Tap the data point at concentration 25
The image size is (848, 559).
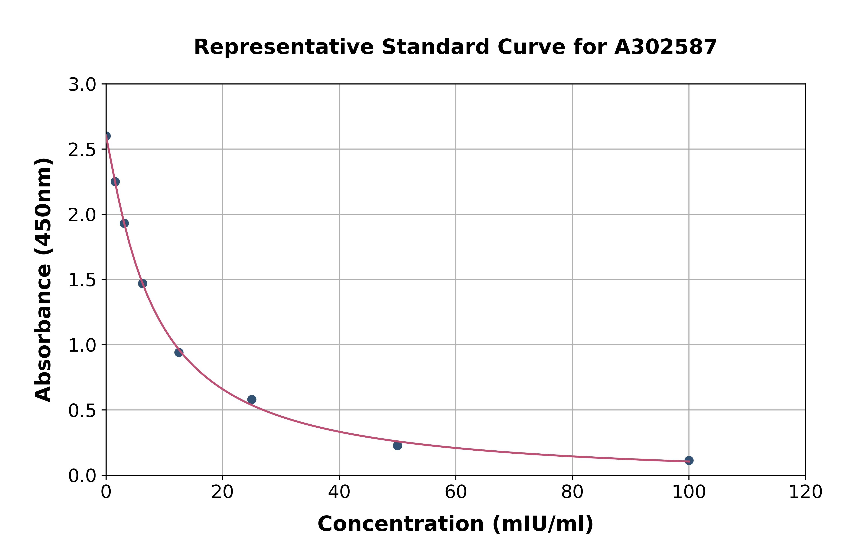pyautogui.click(x=252, y=399)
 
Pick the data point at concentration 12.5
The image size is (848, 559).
pyautogui.click(x=179, y=352)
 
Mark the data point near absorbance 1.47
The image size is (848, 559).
pyautogui.click(x=142, y=283)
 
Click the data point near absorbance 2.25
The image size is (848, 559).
pyautogui.click(x=115, y=182)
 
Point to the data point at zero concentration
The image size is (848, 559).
pyautogui.click(x=106, y=136)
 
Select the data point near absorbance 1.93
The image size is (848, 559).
pyautogui.click(x=124, y=223)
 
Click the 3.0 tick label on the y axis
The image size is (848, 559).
pyautogui.click(x=82, y=85)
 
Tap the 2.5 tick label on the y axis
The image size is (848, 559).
pyautogui.click(x=82, y=150)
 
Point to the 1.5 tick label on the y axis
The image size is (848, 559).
pyautogui.click(x=82, y=280)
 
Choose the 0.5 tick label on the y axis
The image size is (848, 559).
pyautogui.click(x=82, y=411)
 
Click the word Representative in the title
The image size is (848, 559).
pyautogui.click(x=284, y=47)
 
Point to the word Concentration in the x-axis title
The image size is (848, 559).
pyautogui.click(x=400, y=524)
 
